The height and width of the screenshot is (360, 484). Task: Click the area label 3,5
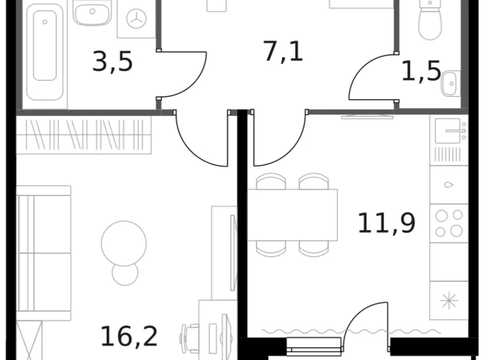(x=112, y=62)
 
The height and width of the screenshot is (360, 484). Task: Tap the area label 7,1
(x=283, y=51)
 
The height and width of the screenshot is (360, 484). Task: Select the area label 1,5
(x=421, y=71)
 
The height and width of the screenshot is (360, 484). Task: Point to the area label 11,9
(x=386, y=222)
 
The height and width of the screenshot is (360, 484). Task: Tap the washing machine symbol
(x=135, y=20)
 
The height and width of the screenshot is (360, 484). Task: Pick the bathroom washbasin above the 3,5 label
(x=92, y=11)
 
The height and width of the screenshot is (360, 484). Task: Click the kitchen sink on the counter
(x=448, y=130)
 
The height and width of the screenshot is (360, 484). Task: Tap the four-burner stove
(x=449, y=223)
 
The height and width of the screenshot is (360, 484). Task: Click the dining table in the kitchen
(x=293, y=215)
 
